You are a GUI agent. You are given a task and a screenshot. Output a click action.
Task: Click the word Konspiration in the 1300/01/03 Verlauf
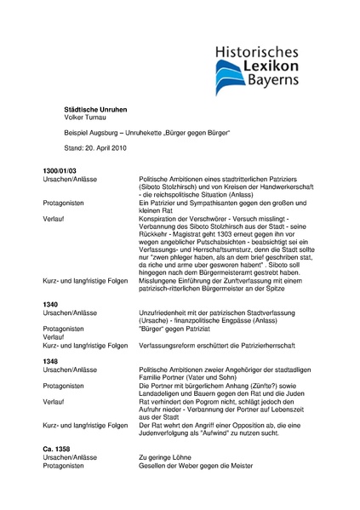pos(159,217)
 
